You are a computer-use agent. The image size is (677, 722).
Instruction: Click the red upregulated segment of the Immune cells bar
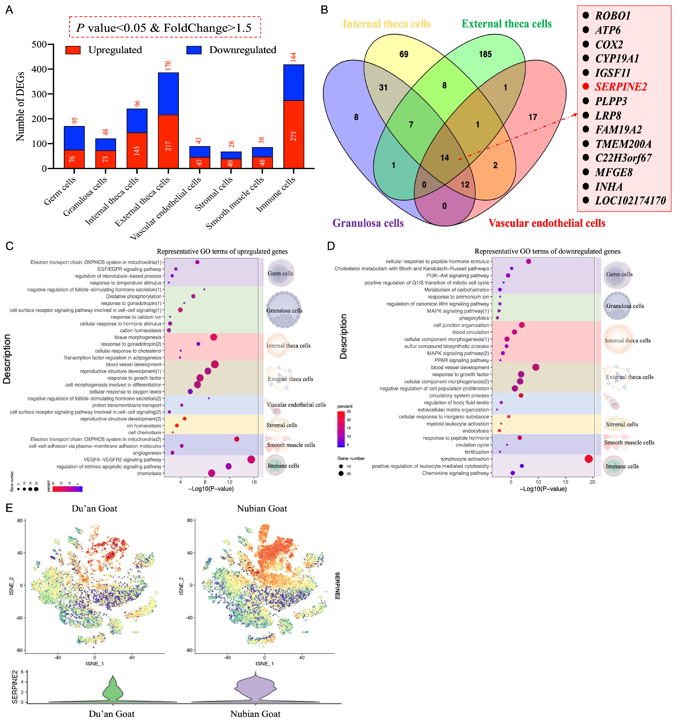pos(294,134)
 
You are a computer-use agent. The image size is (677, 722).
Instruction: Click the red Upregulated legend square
pos(73,50)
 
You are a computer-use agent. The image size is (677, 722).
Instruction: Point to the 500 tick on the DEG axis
pos(39,45)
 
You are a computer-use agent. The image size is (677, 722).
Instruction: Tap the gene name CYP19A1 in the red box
pos(617,59)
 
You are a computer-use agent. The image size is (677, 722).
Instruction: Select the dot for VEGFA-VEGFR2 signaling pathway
pos(251,459)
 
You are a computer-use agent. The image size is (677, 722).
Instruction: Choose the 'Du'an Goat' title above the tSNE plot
pos(94,509)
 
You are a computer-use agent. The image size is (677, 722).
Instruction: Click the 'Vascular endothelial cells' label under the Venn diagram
pos(547,223)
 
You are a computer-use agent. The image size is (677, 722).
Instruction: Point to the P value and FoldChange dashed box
pos(165,27)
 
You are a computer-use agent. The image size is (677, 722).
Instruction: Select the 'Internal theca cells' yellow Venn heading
pos(387,24)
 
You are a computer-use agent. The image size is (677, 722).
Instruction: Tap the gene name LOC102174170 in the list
pos(630,201)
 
